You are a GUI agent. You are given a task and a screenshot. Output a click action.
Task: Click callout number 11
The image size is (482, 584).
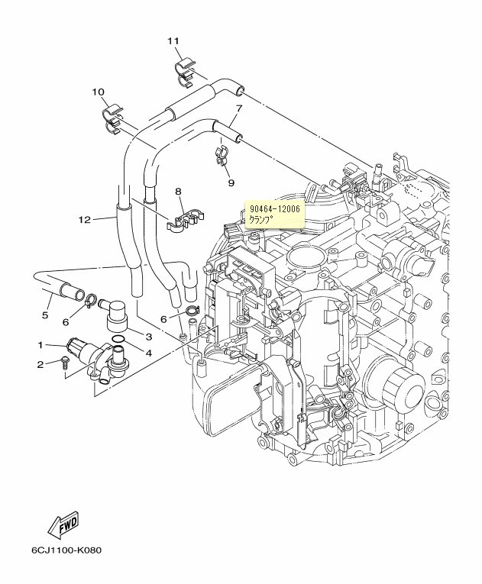click(173, 40)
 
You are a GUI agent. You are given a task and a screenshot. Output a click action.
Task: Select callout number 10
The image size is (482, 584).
click(99, 92)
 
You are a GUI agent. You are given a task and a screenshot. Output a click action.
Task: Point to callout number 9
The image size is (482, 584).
click(230, 183)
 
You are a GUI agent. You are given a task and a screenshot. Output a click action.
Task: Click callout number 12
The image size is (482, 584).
click(84, 220)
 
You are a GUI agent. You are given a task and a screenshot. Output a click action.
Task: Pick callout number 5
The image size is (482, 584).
click(45, 315)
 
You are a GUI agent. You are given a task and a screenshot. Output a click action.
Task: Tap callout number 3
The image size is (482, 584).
click(148, 337)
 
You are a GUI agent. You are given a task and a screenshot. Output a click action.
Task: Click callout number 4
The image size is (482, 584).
click(148, 353)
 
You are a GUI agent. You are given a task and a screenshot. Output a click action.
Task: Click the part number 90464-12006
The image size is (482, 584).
click(273, 208)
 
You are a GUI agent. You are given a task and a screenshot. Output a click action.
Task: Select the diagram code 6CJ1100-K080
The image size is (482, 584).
click(66, 551)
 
